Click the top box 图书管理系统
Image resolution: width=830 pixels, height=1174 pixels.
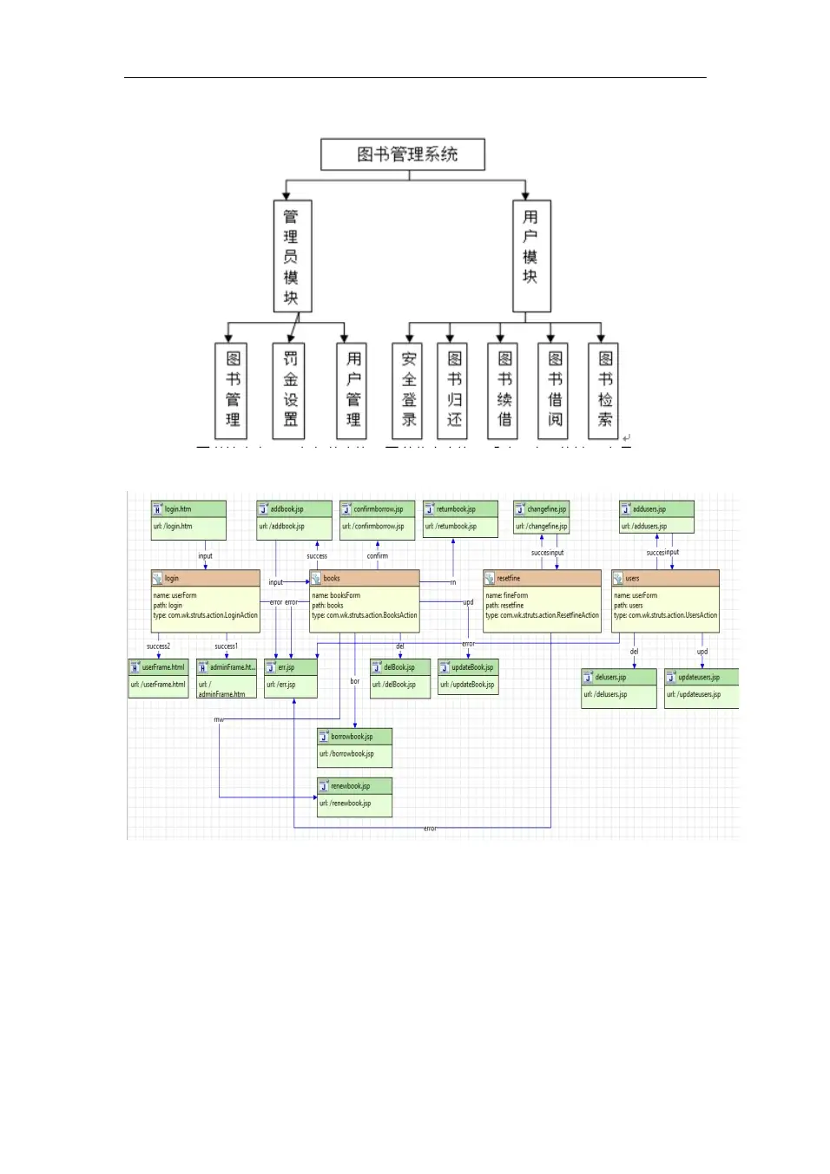403,154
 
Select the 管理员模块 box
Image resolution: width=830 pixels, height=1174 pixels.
292,256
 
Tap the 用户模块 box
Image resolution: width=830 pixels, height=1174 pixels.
530,256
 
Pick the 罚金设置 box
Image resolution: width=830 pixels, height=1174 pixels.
290,390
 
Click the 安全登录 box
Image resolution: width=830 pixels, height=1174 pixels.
408,390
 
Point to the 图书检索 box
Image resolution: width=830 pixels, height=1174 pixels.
604,390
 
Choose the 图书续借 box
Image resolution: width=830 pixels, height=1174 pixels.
504,390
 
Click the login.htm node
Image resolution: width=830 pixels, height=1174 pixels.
188,518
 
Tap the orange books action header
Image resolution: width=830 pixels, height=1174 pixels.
365,578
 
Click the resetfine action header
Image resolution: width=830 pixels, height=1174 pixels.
542,578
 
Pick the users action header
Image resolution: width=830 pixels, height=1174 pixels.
665,578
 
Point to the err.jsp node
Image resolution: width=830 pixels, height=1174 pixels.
290,677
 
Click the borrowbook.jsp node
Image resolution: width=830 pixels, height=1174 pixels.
354,746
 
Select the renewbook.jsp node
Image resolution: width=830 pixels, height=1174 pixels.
354,796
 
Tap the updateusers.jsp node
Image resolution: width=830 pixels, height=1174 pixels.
701,686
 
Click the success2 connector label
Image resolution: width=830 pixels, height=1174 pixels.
158,646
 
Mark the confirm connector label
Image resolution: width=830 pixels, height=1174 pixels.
377,556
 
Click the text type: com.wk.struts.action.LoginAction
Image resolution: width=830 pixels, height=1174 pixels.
206,615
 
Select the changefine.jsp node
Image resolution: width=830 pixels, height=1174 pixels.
541,518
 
